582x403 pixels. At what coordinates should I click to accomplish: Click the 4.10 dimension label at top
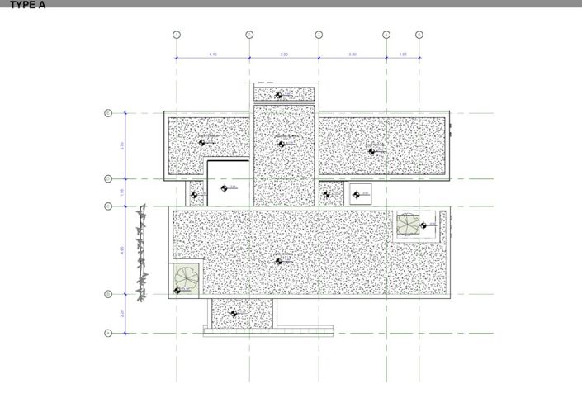pos(213,54)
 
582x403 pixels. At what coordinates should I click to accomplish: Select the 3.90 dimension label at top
pos(284,54)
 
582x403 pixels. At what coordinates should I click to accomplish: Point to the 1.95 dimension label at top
pos(403,54)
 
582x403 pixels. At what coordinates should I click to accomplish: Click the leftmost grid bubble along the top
pos(176,35)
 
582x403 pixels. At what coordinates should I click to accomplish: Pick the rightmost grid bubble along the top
pos(419,35)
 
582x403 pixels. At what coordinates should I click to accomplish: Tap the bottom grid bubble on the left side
pos(108,333)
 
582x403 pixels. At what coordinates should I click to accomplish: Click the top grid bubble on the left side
pos(108,113)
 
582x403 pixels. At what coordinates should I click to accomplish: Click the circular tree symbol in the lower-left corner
pos(186,278)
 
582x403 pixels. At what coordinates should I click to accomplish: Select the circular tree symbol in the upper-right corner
pos(409,224)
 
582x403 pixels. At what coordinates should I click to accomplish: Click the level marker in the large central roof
pos(280,261)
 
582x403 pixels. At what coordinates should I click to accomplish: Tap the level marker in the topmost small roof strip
pos(279,95)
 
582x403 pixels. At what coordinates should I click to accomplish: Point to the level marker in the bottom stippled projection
pos(234,314)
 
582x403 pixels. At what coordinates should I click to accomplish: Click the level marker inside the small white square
pos(357,195)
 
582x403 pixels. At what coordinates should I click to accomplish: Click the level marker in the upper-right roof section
pos(371,150)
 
